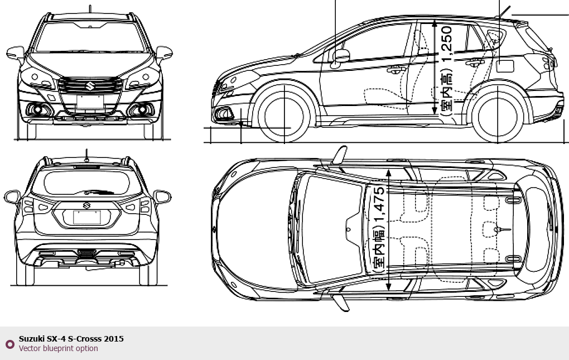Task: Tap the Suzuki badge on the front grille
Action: pos(90,85)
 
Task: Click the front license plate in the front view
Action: pos(90,101)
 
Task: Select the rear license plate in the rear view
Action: pos(87,217)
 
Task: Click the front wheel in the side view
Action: pos(284,115)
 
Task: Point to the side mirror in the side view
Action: pos(340,56)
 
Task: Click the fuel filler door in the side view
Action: pos(505,65)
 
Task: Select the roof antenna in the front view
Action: pos(90,9)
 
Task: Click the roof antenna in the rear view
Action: pos(86,154)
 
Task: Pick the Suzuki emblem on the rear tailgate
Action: pos(86,205)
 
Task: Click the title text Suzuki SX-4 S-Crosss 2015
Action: pos(71,339)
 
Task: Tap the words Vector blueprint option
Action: pos(58,349)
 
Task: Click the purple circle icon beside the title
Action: pos(9,344)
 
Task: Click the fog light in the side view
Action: pos(224,114)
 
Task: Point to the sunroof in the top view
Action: pos(329,229)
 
